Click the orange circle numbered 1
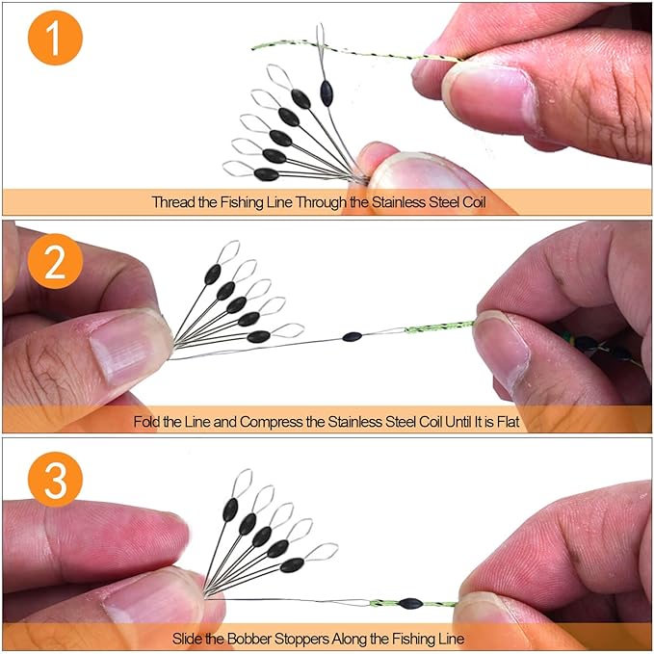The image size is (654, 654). point(55,38)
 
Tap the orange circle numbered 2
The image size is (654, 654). point(55,262)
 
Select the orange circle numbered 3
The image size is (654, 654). point(55,480)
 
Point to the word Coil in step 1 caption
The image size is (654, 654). point(474,202)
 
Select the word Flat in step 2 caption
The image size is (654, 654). point(508,422)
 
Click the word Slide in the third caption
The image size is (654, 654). point(185,639)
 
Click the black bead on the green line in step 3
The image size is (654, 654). point(410,603)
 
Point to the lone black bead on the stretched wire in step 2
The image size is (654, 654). point(352,336)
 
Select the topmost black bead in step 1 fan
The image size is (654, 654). point(327,93)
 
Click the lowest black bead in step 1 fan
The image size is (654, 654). point(266,174)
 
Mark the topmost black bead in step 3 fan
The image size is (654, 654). point(230,510)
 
